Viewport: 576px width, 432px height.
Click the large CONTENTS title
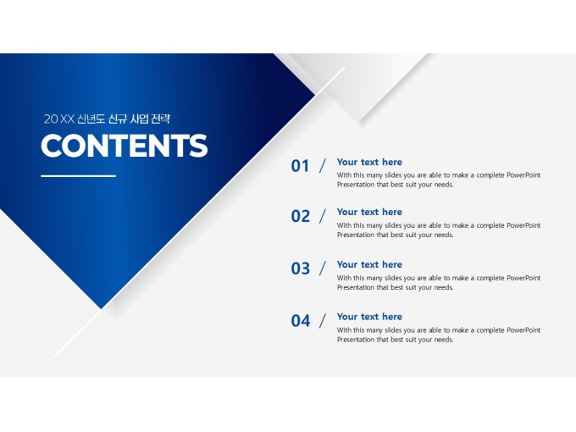tap(125, 145)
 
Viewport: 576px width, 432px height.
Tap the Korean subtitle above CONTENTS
tap(107, 119)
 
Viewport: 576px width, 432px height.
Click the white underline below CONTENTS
tap(78, 176)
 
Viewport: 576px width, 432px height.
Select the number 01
tap(300, 166)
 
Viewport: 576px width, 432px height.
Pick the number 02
tap(301, 216)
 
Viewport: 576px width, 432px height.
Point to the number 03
tap(301, 269)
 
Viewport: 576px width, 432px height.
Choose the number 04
tap(301, 321)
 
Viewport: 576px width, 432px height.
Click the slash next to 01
tap(323, 166)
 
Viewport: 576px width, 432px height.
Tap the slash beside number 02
tap(323, 216)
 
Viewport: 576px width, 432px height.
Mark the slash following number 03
tap(323, 269)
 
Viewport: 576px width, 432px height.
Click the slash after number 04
tap(323, 321)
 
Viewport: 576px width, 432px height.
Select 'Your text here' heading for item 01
tap(369, 163)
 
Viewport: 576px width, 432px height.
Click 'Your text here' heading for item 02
tap(369, 213)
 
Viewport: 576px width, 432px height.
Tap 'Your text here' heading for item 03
tap(369, 265)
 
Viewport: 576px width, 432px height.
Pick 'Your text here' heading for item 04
tap(369, 317)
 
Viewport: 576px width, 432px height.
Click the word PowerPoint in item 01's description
tap(523, 175)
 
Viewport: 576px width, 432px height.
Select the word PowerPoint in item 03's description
tap(523, 278)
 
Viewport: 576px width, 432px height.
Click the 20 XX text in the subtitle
tap(59, 119)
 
